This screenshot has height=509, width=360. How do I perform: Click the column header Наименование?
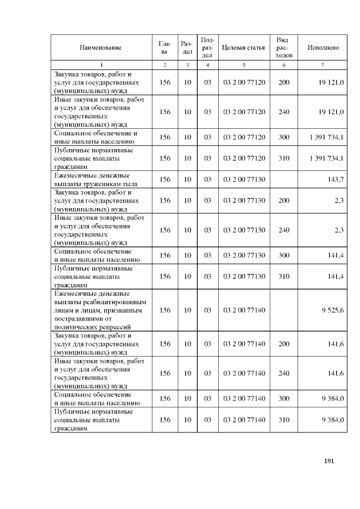(101, 48)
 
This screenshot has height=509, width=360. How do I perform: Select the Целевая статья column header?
(243, 48)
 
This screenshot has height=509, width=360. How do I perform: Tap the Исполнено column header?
(323, 48)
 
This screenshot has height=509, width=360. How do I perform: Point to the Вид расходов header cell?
(283, 48)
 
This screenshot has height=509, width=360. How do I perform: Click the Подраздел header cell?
(207, 48)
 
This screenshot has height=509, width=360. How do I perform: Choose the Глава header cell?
(164, 48)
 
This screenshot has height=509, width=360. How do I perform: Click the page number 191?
(330, 461)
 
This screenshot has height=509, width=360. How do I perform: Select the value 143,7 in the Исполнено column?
(335, 179)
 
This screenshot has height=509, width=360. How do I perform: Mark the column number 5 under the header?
(244, 65)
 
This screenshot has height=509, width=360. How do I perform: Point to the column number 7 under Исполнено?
(322, 65)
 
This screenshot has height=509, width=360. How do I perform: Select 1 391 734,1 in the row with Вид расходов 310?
(326, 159)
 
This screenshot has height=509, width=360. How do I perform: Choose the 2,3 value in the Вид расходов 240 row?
(339, 230)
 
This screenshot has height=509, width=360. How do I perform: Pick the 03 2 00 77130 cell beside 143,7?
(244, 179)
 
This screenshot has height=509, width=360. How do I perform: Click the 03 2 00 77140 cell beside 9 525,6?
(244, 310)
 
